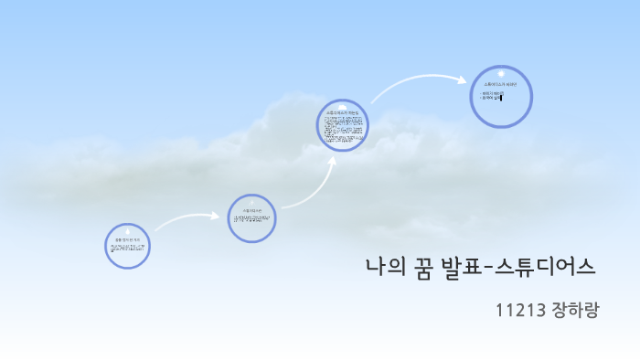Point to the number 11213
point(521,310)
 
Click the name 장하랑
point(576,310)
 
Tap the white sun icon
point(501,72)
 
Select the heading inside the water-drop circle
point(128,238)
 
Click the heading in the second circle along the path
point(251,210)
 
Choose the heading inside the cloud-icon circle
point(344,111)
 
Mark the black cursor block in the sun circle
point(502,98)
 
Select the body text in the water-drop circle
point(128,248)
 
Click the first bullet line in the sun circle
point(493,93)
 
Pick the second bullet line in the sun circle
point(490,98)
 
